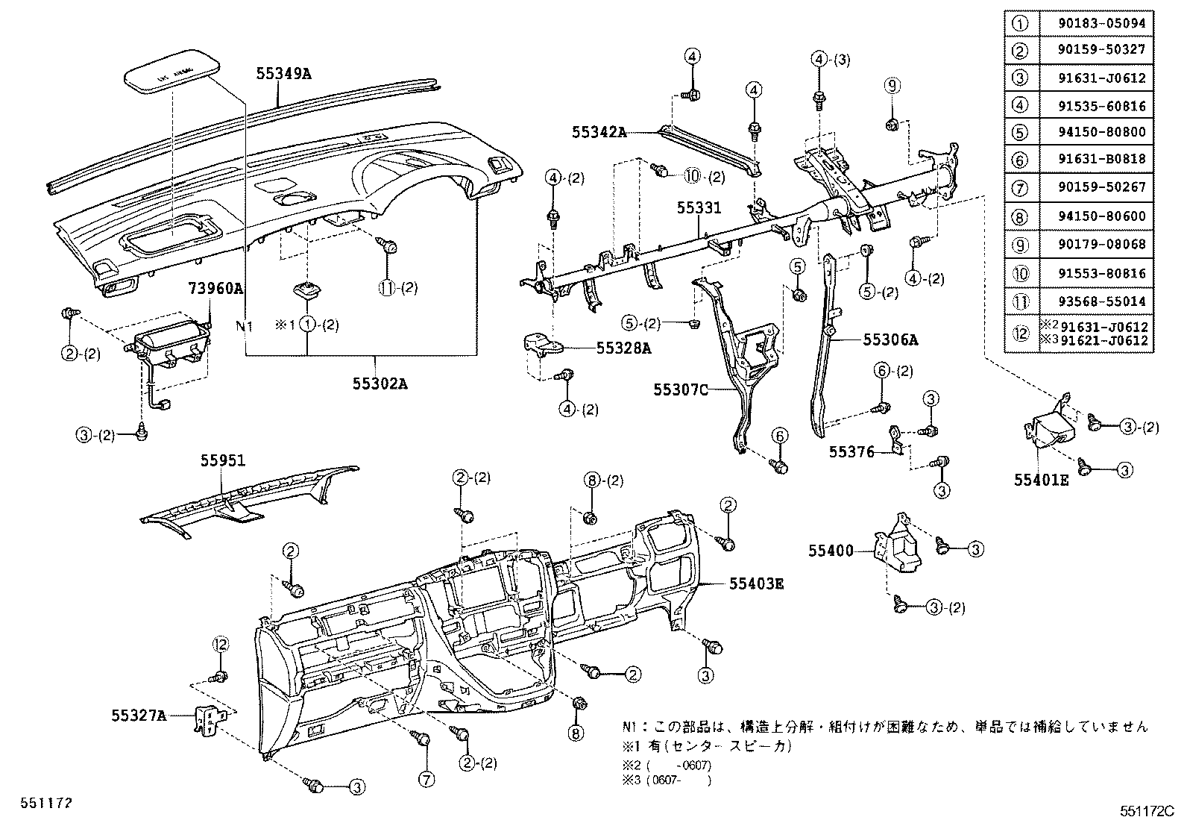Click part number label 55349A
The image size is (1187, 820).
pyautogui.click(x=283, y=74)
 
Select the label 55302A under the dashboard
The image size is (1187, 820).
pyautogui.click(x=380, y=384)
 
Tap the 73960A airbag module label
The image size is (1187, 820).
pyautogui.click(x=215, y=287)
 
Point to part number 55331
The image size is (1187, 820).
pyautogui.click(x=699, y=208)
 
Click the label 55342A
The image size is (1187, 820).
pyautogui.click(x=599, y=132)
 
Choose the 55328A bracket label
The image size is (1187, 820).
pyautogui.click(x=623, y=348)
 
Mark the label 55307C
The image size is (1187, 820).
pyautogui.click(x=680, y=389)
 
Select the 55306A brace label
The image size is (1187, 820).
pyautogui.click(x=890, y=340)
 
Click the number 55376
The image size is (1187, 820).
pyautogui.click(x=851, y=451)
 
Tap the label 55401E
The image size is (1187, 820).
pyautogui.click(x=1040, y=481)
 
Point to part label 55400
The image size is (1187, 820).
pyautogui.click(x=831, y=551)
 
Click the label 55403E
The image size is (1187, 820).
pyautogui.click(x=756, y=583)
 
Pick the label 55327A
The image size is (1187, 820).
pyautogui.click(x=139, y=716)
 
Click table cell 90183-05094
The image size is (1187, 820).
pyautogui.click(x=1101, y=22)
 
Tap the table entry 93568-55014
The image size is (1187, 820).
pyautogui.click(x=1101, y=301)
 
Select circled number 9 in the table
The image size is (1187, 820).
pyautogui.click(x=1019, y=245)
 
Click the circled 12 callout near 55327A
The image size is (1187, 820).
pyautogui.click(x=220, y=643)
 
